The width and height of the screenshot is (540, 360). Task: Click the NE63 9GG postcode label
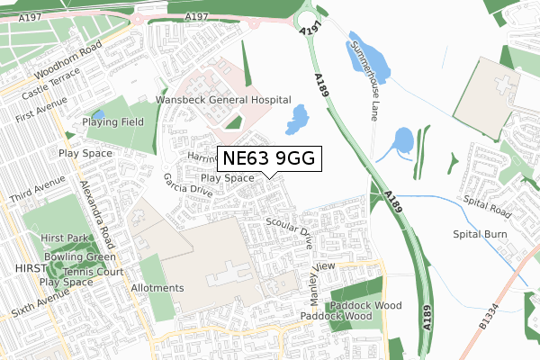(x=268, y=158)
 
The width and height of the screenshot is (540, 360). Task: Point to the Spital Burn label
(x=481, y=235)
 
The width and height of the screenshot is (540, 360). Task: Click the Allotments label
(x=157, y=288)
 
